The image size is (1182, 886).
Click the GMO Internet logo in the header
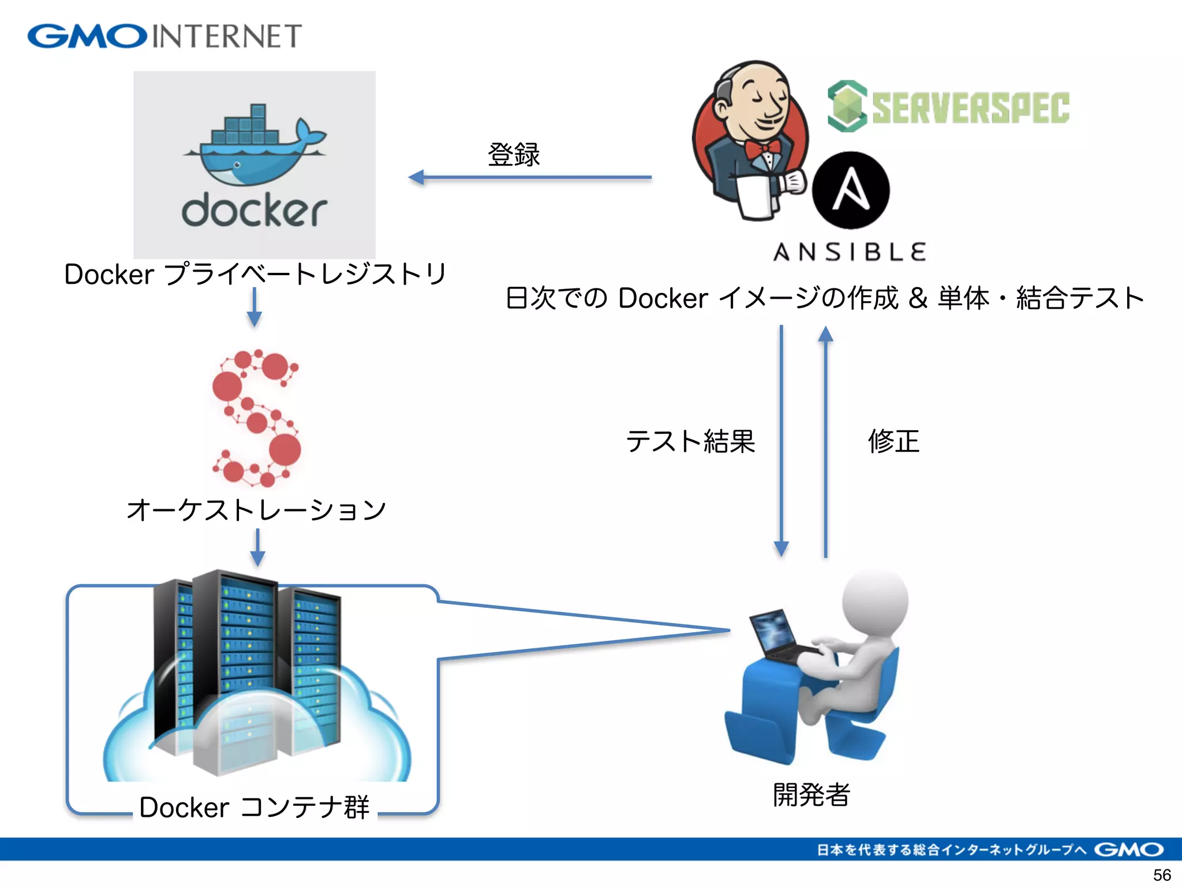[x=164, y=36]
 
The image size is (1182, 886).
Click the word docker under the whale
[x=254, y=211]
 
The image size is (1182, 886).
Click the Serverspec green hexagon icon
[x=847, y=106]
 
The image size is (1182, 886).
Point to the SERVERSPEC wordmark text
[x=970, y=107]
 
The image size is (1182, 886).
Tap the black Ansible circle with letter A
[x=850, y=190]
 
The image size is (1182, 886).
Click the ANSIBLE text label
[x=850, y=252]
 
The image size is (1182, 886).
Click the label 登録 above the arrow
[x=514, y=155]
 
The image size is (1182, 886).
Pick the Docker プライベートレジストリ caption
[x=255, y=274]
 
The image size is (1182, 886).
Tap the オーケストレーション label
[x=256, y=509]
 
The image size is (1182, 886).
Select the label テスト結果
[x=690, y=441]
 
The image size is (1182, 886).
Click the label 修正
[x=893, y=441]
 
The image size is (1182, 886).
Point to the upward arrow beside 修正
[x=825, y=441]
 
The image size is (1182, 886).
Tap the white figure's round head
[x=874, y=600]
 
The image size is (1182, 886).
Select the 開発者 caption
[x=811, y=795]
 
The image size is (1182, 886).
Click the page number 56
[x=1161, y=874]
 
